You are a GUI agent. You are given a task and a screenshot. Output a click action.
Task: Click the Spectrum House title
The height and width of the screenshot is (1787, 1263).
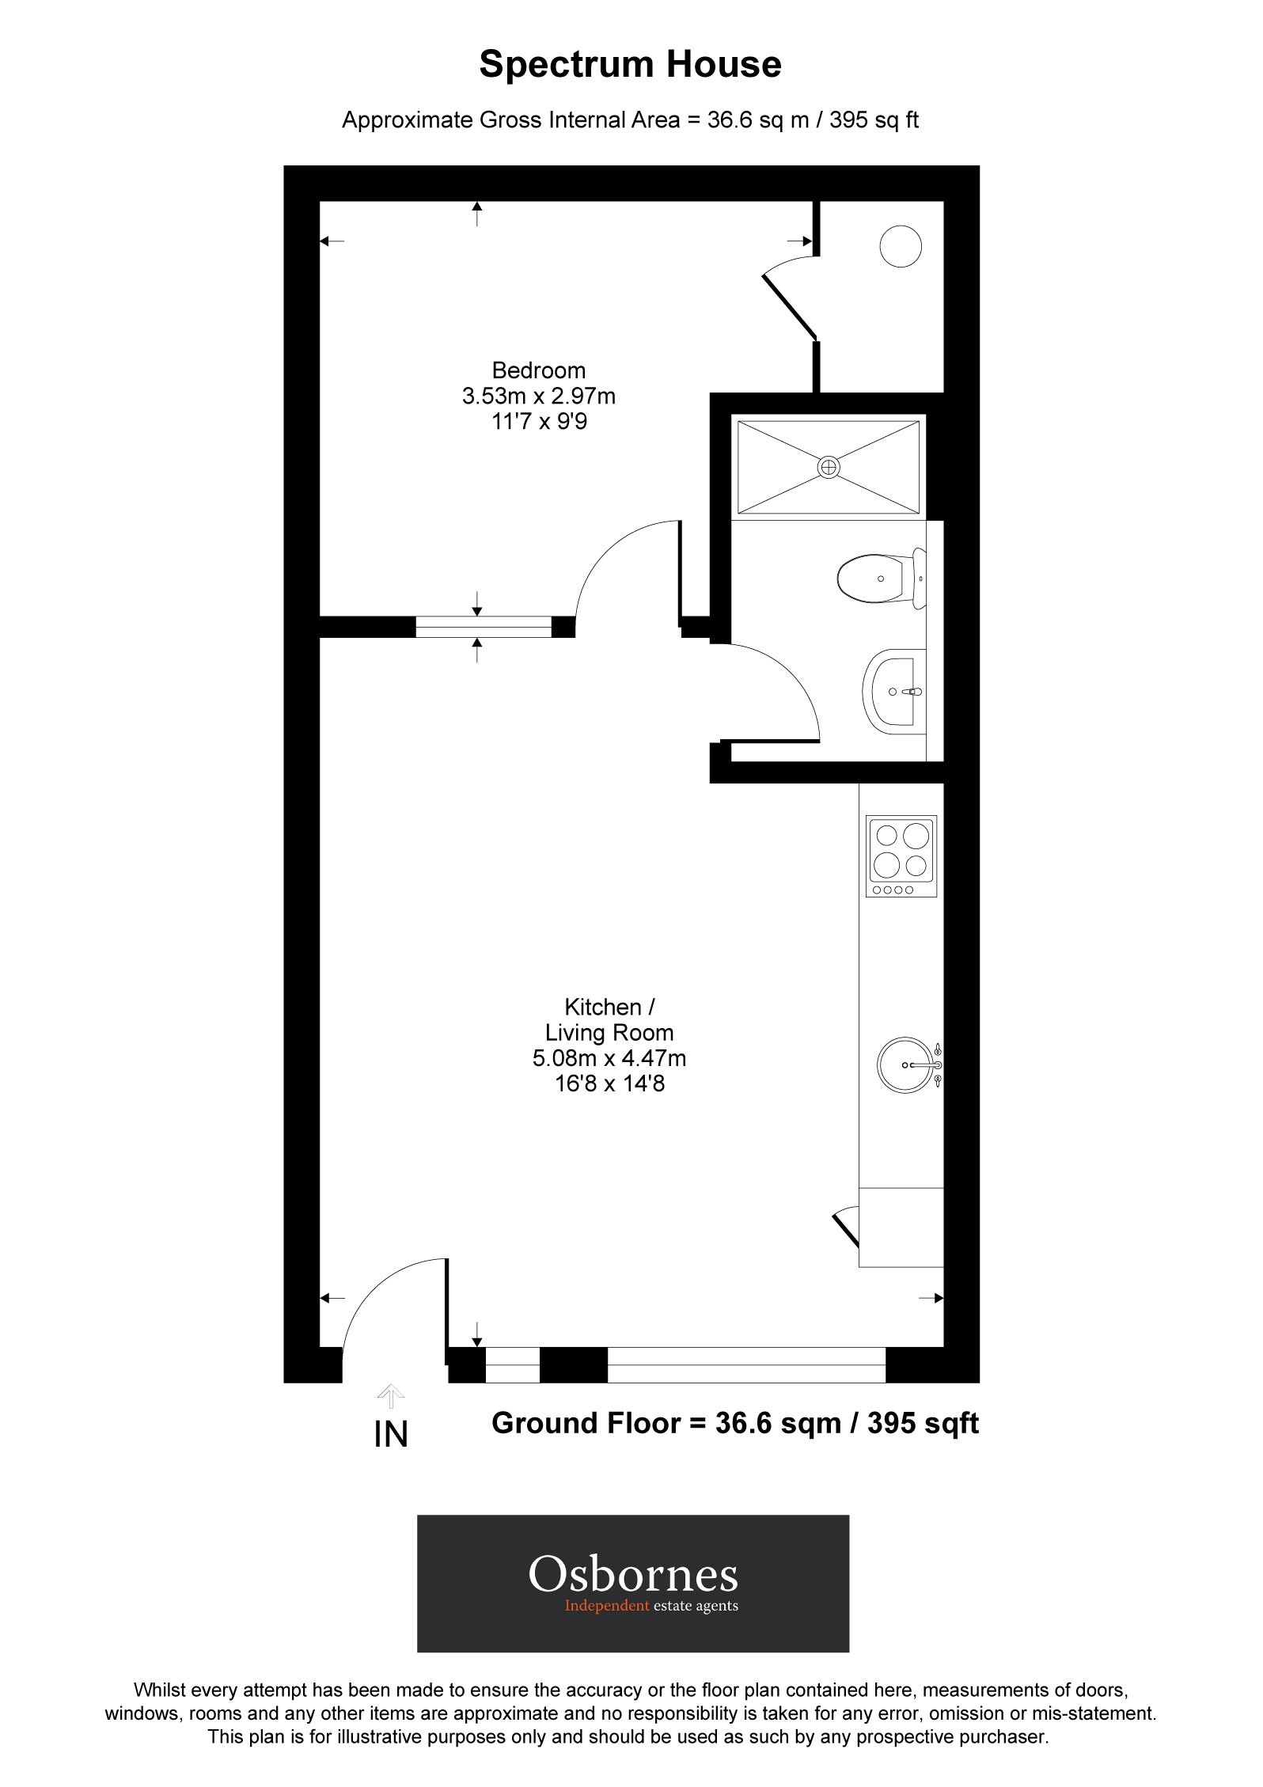click(x=630, y=65)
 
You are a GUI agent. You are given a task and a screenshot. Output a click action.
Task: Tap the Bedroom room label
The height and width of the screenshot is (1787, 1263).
click(x=538, y=370)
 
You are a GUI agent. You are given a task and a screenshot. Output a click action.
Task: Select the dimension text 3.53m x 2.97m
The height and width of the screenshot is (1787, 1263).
click(x=538, y=396)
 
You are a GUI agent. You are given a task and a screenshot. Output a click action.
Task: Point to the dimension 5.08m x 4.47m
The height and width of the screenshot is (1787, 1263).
click(x=609, y=1058)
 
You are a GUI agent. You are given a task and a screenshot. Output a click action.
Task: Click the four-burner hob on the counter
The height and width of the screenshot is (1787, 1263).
click(x=902, y=856)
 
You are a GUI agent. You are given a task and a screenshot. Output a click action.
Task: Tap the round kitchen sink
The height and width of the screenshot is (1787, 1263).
click(x=908, y=1065)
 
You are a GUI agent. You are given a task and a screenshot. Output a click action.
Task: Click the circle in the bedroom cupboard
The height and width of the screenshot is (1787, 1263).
click(x=901, y=246)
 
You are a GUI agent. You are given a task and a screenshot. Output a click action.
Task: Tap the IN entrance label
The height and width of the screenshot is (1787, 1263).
click(x=391, y=1435)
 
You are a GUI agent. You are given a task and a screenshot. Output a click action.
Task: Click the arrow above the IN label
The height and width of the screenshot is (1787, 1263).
click(x=391, y=1396)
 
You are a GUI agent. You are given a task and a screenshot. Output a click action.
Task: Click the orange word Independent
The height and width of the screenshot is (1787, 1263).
click(x=606, y=1606)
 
